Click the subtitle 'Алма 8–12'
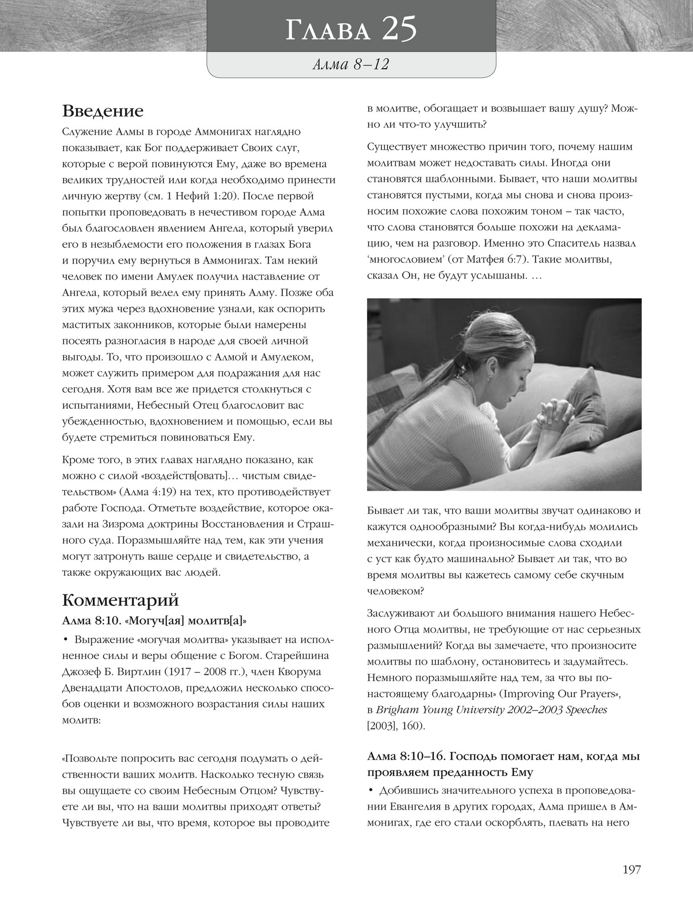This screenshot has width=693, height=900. click(350, 64)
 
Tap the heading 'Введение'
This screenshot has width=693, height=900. click(103, 111)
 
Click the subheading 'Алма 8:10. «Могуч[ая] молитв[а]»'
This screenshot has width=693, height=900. click(154, 621)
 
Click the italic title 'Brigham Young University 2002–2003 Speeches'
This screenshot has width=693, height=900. click(492, 710)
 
